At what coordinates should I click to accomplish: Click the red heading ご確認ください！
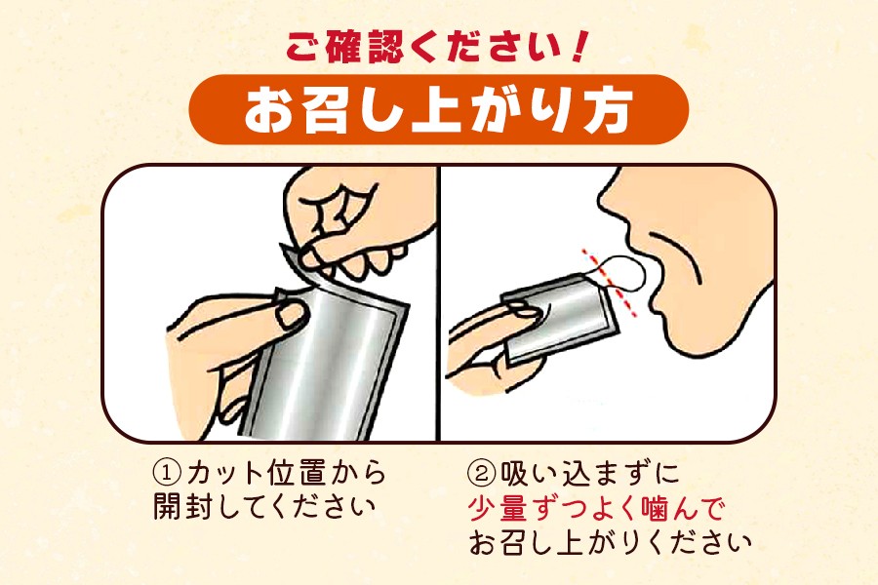pyautogui.click(x=435, y=46)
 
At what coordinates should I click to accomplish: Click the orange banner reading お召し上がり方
pyautogui.click(x=438, y=109)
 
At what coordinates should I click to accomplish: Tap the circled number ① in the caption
pyautogui.click(x=168, y=474)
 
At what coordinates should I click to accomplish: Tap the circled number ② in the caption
pyautogui.click(x=482, y=474)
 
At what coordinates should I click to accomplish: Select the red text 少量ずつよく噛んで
pyautogui.click(x=596, y=508)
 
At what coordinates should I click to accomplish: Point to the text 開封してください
pyautogui.click(x=264, y=507)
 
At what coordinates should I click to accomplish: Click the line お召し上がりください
pyautogui.click(x=610, y=542)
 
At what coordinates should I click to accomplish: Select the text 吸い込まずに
pyautogui.click(x=589, y=474)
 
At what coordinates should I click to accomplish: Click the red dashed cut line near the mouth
pyautogui.click(x=610, y=283)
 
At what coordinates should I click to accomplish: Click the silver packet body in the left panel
pyautogui.click(x=331, y=364)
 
